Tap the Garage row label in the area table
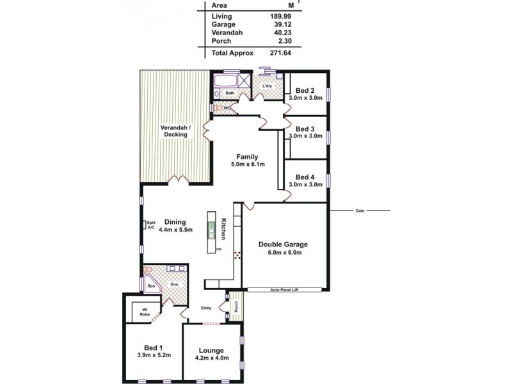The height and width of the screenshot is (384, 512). [x=223, y=24]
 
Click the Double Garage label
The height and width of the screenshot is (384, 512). [x=284, y=244]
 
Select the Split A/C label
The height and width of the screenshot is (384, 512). [x=152, y=225]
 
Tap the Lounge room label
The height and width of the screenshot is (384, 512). [x=211, y=350]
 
